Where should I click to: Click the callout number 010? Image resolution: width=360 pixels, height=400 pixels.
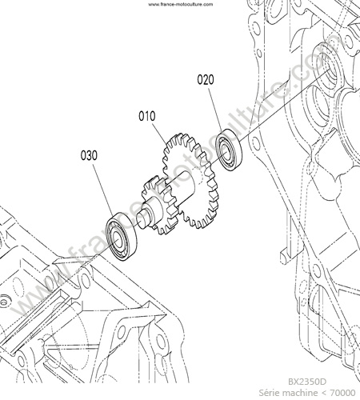[147, 116]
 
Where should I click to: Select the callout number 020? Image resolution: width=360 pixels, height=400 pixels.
[206, 80]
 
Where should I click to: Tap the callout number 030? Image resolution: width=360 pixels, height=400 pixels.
[89, 155]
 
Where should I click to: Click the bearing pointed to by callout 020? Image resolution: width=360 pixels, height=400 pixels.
[229, 150]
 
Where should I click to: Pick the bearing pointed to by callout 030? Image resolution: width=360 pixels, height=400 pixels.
[122, 237]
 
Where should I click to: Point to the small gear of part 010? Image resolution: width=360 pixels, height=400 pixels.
[160, 206]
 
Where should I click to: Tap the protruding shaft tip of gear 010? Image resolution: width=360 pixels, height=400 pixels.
[143, 219]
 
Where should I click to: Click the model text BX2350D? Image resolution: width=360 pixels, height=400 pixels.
[307, 382]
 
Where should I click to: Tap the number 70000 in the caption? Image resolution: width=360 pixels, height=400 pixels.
[342, 393]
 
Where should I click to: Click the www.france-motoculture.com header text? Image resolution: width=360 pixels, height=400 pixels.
[181, 4]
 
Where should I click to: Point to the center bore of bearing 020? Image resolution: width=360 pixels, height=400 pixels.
[225, 151]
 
